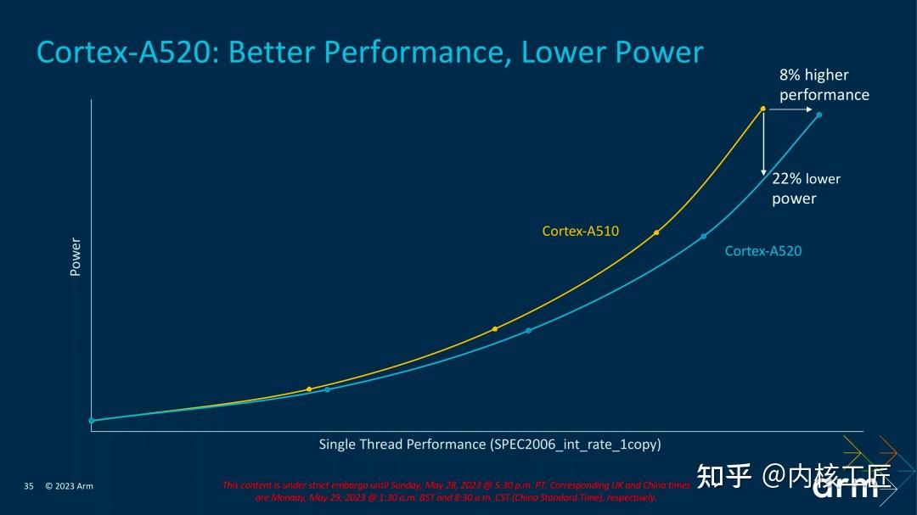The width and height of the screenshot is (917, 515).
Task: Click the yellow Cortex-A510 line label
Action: [x=581, y=231]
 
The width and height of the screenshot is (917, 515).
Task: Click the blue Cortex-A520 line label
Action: [x=762, y=251]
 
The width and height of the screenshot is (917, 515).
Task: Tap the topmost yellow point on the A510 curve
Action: [x=762, y=109]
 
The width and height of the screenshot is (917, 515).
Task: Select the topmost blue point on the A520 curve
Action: [x=819, y=115]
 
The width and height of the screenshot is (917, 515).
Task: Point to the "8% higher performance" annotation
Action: [x=824, y=85]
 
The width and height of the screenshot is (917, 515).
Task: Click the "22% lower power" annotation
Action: [x=805, y=188]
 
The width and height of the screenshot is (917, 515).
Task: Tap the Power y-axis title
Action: [x=76, y=256]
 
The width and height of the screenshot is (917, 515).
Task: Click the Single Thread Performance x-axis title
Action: [x=489, y=444]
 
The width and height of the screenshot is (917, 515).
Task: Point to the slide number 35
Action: [x=28, y=486]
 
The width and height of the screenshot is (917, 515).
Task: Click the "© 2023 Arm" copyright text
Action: [x=69, y=486]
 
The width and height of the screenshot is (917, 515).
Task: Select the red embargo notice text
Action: [x=456, y=491]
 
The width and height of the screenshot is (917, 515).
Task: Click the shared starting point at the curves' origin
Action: [x=92, y=420]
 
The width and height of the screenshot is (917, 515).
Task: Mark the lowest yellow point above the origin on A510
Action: [x=309, y=389]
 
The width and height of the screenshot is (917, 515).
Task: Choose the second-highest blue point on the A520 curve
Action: [x=703, y=236]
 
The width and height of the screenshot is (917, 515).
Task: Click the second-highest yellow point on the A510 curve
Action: [x=656, y=232]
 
